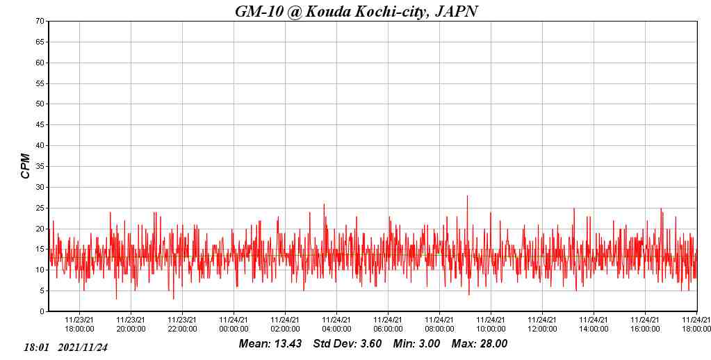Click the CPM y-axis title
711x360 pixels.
tap(26, 166)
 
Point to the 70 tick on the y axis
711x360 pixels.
tap(41, 22)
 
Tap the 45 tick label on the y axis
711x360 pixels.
tap(41, 125)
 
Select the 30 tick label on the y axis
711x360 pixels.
tap(41, 187)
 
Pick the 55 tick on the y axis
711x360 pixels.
tap(41, 83)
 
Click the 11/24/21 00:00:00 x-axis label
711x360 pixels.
tap(234, 324)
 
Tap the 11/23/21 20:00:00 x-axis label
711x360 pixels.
tap(131, 324)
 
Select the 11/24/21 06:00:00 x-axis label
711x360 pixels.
tap(388, 324)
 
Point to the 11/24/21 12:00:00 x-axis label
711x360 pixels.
tap(542, 324)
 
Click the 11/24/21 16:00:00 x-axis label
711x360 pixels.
tap(645, 324)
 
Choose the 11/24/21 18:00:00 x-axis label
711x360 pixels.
tap(696, 324)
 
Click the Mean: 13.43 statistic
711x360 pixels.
tap(270, 343)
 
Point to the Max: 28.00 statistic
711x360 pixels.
tap(480, 343)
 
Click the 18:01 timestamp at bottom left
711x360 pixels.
tap(36, 347)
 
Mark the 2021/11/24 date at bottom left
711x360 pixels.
tap(83, 347)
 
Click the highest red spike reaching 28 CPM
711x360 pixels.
tap(467, 197)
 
